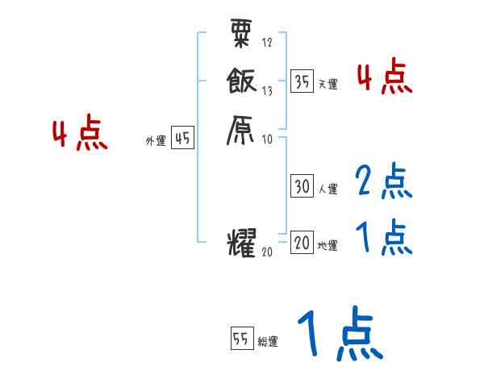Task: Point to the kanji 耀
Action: point(242,243)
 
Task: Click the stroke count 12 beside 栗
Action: point(267,43)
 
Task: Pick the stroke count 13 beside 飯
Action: point(267,90)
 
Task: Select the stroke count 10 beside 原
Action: point(267,139)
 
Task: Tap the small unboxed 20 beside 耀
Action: point(268,252)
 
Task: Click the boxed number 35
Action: point(302,81)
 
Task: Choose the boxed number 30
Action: point(302,186)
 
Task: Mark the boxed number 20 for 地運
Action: point(302,243)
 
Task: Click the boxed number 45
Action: point(182,139)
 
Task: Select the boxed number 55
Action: point(241,339)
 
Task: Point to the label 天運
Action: point(328,84)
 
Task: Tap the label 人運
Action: point(328,189)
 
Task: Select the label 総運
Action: point(268,342)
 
